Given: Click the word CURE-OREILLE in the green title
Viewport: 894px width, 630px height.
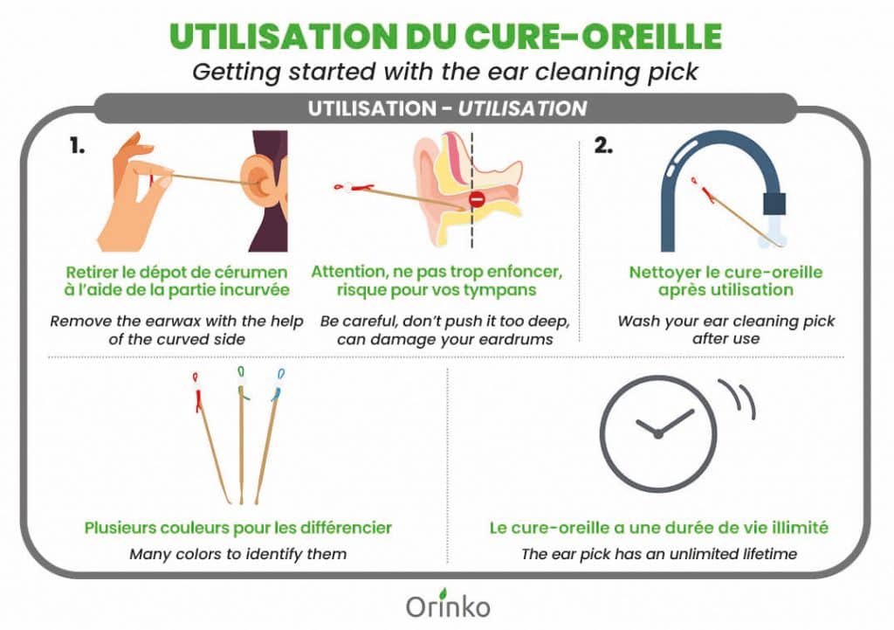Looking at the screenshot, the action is (593, 37).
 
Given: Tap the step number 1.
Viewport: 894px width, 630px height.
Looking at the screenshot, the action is (78, 146).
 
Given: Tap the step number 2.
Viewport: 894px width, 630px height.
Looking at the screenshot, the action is (603, 146).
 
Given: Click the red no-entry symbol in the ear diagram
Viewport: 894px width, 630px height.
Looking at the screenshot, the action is (477, 200).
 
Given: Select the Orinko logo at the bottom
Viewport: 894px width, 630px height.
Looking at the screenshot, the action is (448, 604).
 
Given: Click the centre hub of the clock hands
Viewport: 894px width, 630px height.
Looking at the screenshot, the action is (658, 434).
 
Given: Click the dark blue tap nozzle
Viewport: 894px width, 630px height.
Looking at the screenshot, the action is (774, 204).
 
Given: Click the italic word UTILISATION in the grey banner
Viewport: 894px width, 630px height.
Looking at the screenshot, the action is (522, 108).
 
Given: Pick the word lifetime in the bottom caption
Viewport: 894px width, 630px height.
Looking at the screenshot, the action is (769, 554).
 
